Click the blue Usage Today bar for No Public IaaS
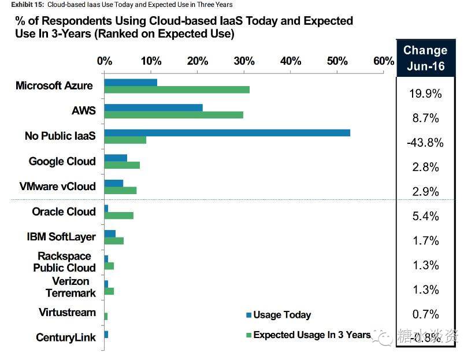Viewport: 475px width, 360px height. point(227,132)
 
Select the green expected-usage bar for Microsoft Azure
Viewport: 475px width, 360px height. point(177,90)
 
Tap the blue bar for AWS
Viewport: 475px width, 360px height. point(153,107)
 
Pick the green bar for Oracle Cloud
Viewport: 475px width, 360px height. point(119,216)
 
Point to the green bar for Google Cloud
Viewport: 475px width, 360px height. point(122,165)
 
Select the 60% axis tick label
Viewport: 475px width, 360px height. point(384,61)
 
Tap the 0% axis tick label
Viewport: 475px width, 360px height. point(105,61)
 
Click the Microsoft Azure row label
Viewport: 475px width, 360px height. point(54,86)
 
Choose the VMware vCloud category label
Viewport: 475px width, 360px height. point(57,186)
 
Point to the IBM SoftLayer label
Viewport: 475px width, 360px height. point(61,236)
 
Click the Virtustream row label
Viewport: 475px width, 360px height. point(67,312)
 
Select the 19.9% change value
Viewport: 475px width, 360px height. point(425,94)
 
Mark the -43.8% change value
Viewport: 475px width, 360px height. point(425,143)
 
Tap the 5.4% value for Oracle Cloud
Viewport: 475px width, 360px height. point(425,217)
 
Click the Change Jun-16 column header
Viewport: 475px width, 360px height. point(425,58)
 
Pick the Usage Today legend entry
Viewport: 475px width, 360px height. point(279,315)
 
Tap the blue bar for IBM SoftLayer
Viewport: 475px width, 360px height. point(110,233)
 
